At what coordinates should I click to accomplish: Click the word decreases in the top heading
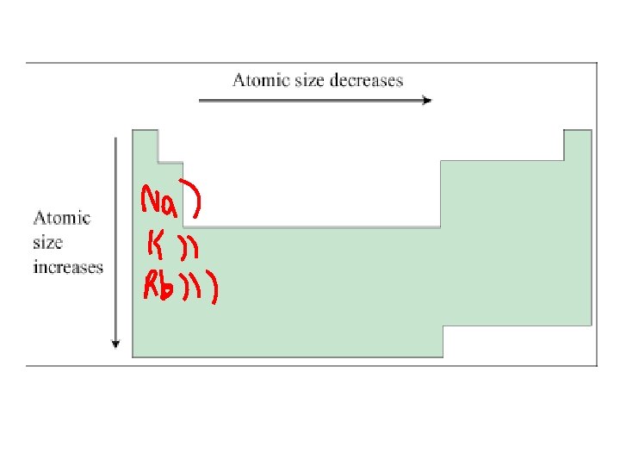(370, 80)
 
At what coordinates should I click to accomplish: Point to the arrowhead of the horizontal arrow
(427, 100)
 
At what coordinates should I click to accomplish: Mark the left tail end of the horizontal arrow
(201, 100)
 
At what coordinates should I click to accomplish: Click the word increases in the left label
(68, 267)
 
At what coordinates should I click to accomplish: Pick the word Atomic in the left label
(61, 218)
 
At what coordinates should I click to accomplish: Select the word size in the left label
(48, 242)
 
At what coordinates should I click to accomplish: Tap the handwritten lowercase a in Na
(174, 207)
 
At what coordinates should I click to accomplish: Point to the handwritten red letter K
(152, 246)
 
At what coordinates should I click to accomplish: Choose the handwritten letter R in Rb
(151, 286)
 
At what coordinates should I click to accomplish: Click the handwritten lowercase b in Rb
(170, 286)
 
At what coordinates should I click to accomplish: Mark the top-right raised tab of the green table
(577, 145)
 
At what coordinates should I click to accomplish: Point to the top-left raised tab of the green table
(145, 145)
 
